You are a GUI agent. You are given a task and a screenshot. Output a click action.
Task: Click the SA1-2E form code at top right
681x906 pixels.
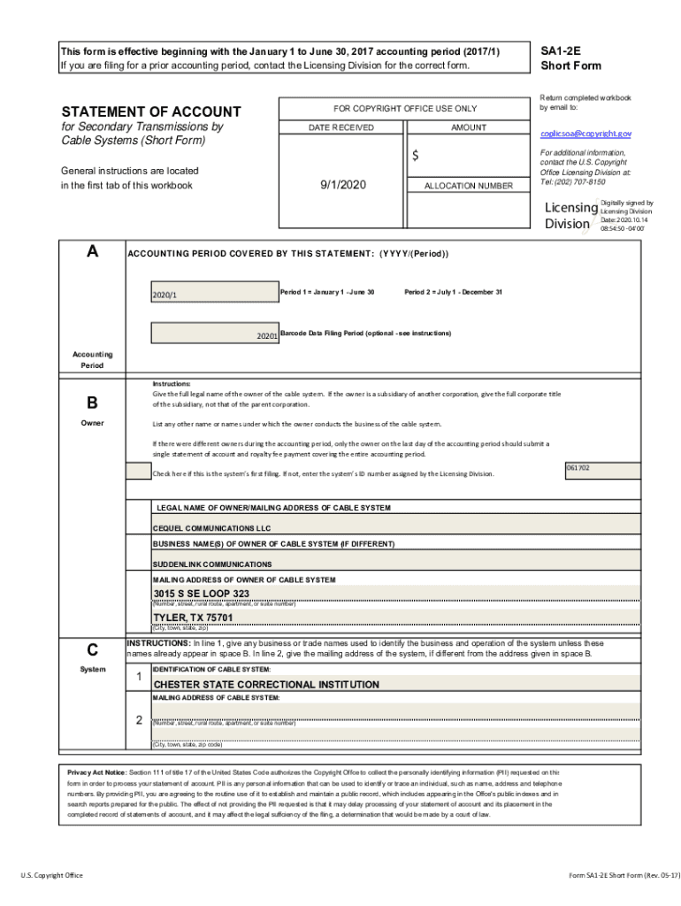pos(559,51)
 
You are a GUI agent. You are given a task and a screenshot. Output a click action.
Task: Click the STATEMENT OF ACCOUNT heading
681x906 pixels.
pos(150,111)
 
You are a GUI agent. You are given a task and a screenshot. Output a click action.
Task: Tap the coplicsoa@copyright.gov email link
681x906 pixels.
pos(585,133)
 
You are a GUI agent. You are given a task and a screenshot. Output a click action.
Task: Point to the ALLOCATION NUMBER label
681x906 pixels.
pos(468,186)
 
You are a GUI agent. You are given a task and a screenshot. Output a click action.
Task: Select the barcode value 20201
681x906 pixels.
pos(266,336)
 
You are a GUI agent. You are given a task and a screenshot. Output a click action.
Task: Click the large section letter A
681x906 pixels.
pos(92,251)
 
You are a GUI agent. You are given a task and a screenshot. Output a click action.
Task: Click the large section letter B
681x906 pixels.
pos(92,403)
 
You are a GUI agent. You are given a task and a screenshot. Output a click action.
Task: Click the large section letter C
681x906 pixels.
pos(92,649)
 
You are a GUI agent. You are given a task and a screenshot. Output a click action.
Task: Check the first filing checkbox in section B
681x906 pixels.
pos(138,471)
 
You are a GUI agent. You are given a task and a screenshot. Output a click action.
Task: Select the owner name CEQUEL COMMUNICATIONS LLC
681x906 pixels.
pos(211,527)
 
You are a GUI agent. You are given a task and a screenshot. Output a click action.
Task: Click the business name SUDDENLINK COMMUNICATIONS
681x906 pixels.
pos(212,564)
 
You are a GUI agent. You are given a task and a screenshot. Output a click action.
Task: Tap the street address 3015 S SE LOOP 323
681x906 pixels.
pos(202,593)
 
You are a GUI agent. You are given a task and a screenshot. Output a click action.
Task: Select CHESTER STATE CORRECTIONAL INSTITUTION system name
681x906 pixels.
pos(266,684)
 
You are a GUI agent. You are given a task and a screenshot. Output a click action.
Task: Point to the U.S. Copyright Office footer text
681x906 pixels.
pos(52,875)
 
